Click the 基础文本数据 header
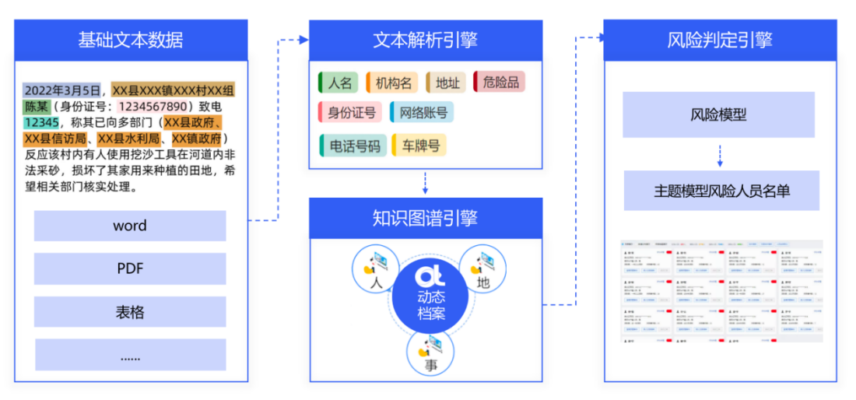click(131, 40)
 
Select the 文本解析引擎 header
click(426, 40)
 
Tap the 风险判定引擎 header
click(720, 40)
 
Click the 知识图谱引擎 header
click(426, 219)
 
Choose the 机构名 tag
click(391, 82)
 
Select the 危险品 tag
click(499, 82)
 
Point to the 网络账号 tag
click(422, 113)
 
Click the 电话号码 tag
click(353, 146)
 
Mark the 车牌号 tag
click(419, 146)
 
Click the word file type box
click(130, 226)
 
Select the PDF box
click(130, 268)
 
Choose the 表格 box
click(130, 312)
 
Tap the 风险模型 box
click(719, 115)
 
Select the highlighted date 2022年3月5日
click(62, 91)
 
